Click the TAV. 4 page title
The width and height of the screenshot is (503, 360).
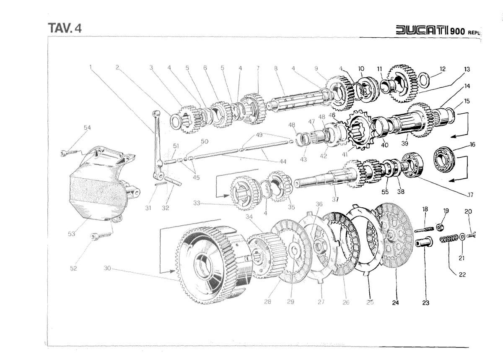(x=65, y=27)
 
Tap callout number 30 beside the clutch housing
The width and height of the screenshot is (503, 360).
(x=106, y=268)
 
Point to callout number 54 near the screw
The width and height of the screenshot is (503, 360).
(x=87, y=128)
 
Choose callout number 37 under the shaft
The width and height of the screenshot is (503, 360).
(x=335, y=199)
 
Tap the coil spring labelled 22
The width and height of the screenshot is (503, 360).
(x=448, y=240)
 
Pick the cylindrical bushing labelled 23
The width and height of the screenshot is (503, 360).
(x=422, y=243)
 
